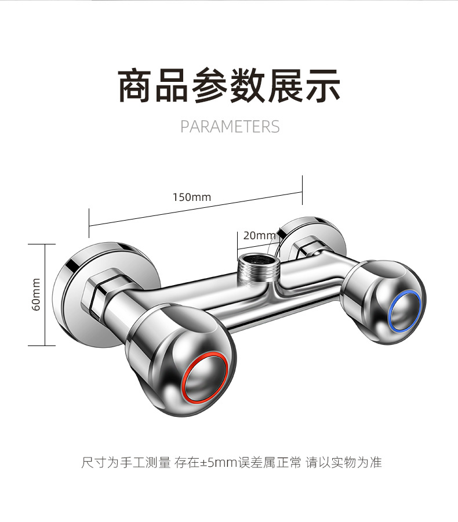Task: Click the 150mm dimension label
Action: [192, 197]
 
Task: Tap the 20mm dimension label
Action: [260, 235]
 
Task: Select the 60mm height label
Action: [36, 294]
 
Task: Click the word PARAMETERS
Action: [230, 127]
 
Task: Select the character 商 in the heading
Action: [135, 85]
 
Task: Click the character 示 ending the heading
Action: [323, 85]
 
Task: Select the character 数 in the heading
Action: [248, 85]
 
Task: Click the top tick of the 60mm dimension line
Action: [42, 244]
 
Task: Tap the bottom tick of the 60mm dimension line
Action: [42, 345]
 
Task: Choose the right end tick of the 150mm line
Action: [302, 190]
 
